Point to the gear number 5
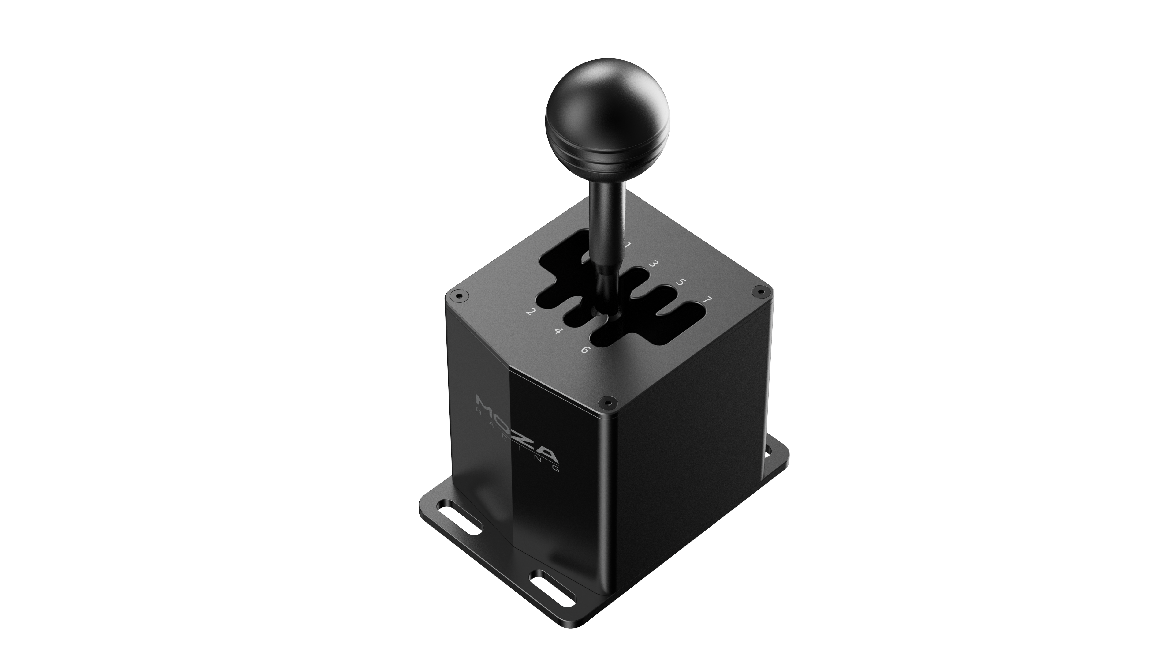(x=680, y=282)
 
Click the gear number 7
(x=707, y=300)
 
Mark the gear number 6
(x=586, y=350)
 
